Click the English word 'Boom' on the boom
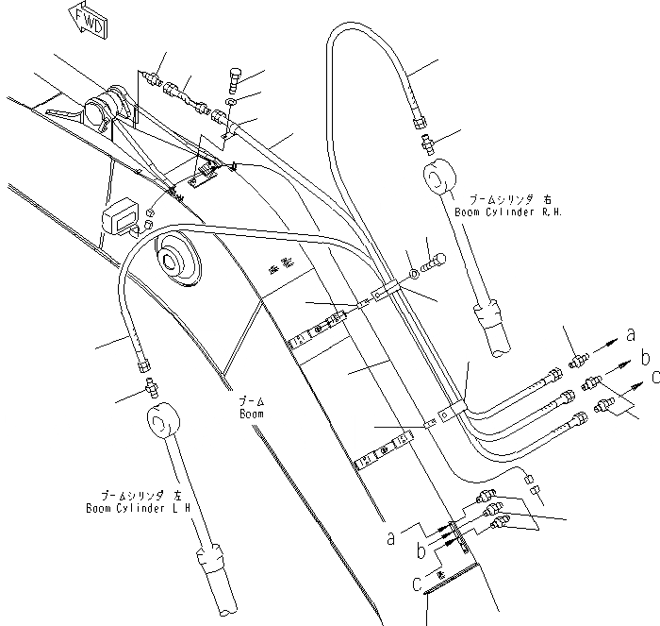point(251,414)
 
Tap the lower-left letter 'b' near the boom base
point(421,549)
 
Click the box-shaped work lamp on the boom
point(122,219)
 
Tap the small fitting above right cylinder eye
point(427,146)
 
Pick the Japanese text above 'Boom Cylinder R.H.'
point(495,198)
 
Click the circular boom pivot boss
point(173,258)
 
